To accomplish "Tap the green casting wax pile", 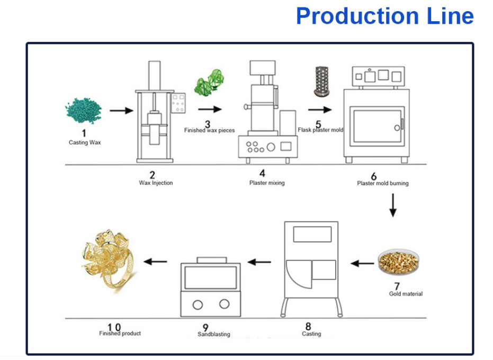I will pyautogui.click(x=83, y=110).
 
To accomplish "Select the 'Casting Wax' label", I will pyautogui.click(x=85, y=142).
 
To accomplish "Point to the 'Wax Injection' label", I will pyautogui.click(x=156, y=183).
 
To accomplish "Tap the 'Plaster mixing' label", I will pyautogui.click(x=267, y=183).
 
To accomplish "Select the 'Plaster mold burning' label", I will pyautogui.click(x=382, y=183).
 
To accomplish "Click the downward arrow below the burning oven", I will pyautogui.click(x=392, y=205).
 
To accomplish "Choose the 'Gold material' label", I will pyautogui.click(x=406, y=293).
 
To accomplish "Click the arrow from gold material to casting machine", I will pyautogui.click(x=363, y=262).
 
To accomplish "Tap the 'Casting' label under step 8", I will pyautogui.click(x=311, y=334).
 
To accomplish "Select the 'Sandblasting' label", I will pyautogui.click(x=214, y=334).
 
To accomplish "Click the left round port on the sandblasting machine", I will pyautogui.click(x=198, y=304).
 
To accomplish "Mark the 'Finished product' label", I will pyautogui.click(x=120, y=333).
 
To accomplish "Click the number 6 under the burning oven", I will pyautogui.click(x=374, y=176).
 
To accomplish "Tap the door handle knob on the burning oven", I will pyautogui.click(x=397, y=128).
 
